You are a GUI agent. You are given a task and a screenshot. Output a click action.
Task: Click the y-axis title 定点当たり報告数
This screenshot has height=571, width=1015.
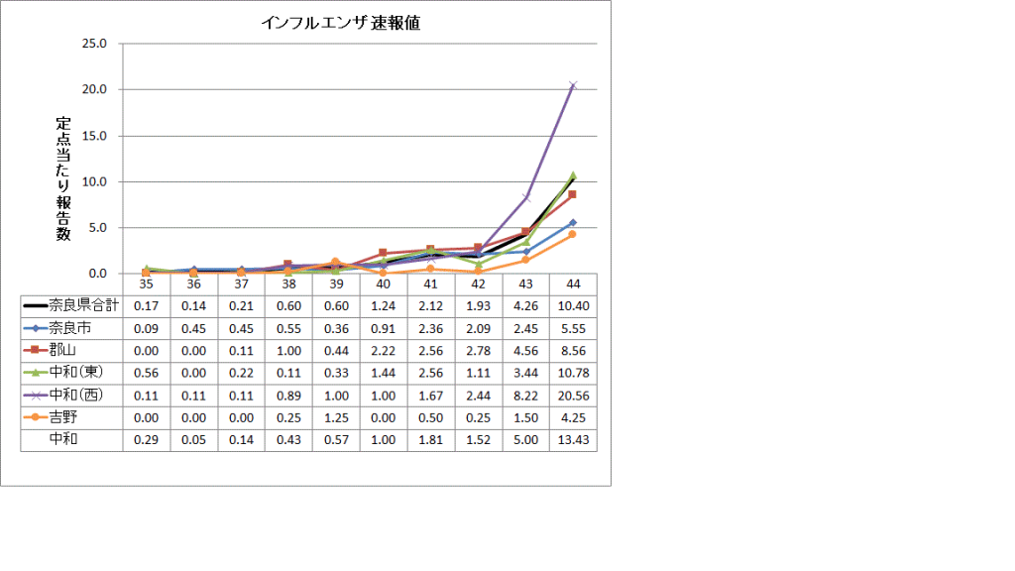[63, 177]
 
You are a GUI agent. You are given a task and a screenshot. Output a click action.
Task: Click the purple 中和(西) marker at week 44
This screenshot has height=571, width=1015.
[573, 85]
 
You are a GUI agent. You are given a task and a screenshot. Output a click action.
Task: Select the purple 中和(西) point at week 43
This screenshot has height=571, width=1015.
[526, 198]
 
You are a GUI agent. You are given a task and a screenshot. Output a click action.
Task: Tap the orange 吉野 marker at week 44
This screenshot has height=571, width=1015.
[573, 234]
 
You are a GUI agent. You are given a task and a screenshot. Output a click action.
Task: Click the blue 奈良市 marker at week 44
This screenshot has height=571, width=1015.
[573, 223]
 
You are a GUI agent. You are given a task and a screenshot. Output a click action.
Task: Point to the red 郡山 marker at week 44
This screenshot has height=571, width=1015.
[573, 194]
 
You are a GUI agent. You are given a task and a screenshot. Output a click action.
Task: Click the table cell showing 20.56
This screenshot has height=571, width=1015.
[573, 394]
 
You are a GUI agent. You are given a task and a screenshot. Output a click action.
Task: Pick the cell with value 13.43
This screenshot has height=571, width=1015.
[573, 439]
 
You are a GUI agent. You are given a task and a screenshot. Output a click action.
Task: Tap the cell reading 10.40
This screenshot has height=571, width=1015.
[573, 303]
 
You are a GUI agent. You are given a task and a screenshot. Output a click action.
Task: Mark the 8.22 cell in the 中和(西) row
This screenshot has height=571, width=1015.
[526, 394]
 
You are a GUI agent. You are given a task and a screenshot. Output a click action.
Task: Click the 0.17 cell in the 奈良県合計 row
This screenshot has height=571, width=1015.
[146, 303]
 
